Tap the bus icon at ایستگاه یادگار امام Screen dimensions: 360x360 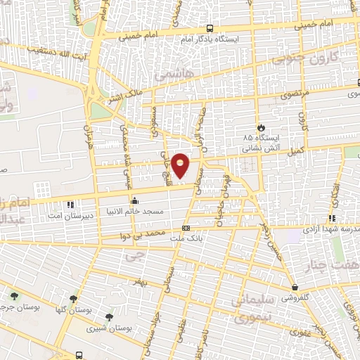(210, 29)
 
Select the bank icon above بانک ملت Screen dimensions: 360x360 (186, 229)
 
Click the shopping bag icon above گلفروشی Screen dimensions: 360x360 (296, 288)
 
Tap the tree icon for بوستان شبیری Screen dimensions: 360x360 (108, 318)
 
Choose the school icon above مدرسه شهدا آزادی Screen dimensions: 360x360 (331, 219)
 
